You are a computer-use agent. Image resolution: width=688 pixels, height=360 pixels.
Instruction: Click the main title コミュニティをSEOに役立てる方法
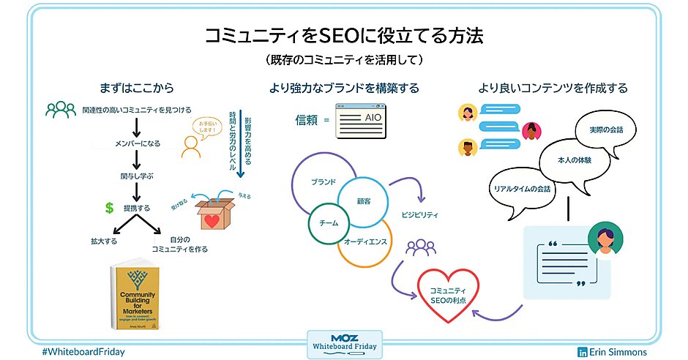(343, 36)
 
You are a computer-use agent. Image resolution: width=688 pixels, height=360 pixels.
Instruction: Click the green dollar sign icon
(109, 208)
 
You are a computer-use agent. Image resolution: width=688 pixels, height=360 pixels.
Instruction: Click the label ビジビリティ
(419, 215)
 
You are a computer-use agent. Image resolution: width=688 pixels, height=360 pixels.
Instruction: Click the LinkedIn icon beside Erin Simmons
(583, 352)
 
